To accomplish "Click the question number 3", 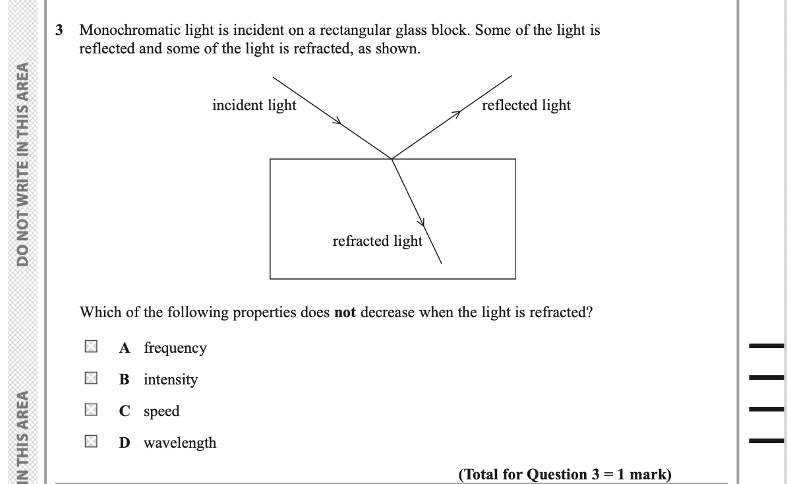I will click(60, 30).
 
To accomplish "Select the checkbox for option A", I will click(91, 347).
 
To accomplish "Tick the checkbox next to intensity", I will click(91, 378).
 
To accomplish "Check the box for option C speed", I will click(91, 410).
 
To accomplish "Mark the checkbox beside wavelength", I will click(91, 442).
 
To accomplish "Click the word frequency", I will click(175, 348).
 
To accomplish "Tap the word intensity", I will click(170, 379).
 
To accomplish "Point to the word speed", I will click(161, 411).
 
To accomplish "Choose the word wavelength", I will click(180, 442).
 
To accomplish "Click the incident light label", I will click(254, 106).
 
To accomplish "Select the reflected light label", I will click(526, 106).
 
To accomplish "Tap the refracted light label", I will click(377, 241).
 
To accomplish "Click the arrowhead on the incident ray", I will click(338, 121).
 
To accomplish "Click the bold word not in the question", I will click(345, 313).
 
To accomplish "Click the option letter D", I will click(125, 442).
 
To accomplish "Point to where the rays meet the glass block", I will click(392, 159).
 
